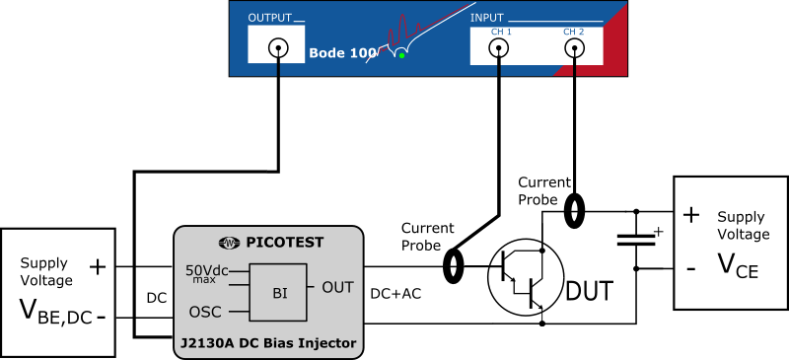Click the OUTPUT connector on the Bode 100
(x=278, y=46)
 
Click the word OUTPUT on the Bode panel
(x=270, y=18)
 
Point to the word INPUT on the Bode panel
(x=487, y=18)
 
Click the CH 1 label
(x=501, y=32)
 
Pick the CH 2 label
(x=574, y=32)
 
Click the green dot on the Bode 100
(x=401, y=55)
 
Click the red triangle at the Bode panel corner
(x=607, y=54)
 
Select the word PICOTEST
(x=284, y=243)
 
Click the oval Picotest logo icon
(x=229, y=243)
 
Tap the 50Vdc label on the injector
(x=207, y=270)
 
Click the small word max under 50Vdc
(x=204, y=281)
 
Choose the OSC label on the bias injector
(x=205, y=312)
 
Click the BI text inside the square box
(x=279, y=293)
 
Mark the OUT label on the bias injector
(x=337, y=288)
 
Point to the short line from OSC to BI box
(x=238, y=312)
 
